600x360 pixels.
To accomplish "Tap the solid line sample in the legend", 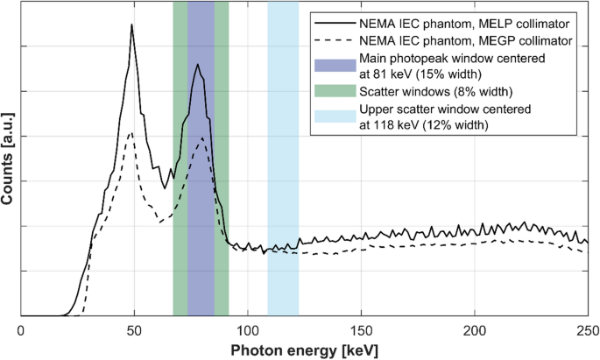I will coord(335,22).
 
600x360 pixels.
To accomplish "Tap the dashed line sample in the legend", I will coord(335,40).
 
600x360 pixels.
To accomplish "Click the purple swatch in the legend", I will coord(335,67).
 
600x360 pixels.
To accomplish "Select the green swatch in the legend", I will coord(335,92).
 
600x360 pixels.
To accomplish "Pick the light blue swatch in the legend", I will coord(335,117).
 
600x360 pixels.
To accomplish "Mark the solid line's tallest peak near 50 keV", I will coord(131,25).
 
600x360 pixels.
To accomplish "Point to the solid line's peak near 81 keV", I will coord(198,64).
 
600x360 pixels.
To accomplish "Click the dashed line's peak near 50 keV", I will coord(131,132).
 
